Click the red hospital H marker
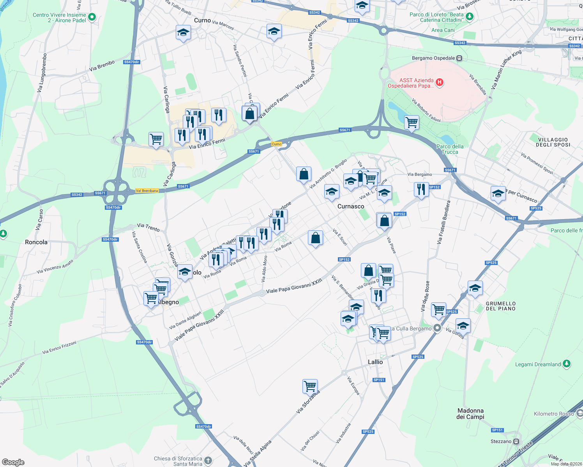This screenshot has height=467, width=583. coord(440,82)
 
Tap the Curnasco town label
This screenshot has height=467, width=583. coord(351,206)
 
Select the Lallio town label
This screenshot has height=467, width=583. coord(375,362)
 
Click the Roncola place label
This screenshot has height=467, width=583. coord(36,242)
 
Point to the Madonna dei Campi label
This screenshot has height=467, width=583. coord(470,414)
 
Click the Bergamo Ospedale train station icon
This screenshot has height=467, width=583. coord(459,58)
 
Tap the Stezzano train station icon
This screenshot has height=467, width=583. coord(516,441)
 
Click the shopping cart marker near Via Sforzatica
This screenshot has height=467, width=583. coord(310,386)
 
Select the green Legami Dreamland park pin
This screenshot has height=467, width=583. coord(567,364)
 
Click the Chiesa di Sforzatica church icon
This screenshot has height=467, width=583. coord(208,461)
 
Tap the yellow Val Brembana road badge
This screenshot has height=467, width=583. coord(147,191)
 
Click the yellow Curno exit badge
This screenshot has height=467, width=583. coord(276,144)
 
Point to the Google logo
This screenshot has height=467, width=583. coord(13,462)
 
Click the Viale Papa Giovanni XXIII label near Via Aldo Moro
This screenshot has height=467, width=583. coord(294,286)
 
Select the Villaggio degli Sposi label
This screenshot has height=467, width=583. coord(553,142)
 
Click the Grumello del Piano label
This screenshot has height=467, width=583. coord(500,306)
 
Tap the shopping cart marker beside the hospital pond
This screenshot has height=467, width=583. coord(412,123)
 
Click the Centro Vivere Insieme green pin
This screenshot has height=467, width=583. coord(92,17)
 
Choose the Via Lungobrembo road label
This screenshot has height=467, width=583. coord(42,73)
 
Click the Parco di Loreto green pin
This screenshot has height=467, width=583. coord(470,16)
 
